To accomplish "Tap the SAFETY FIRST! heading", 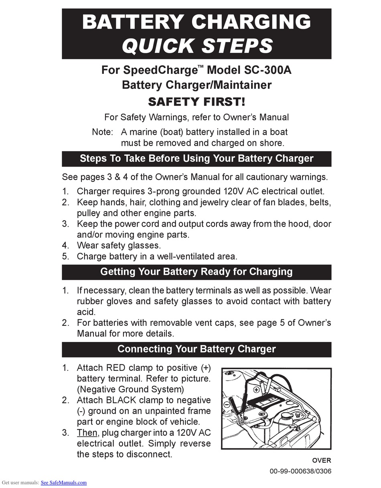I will (x=196, y=102).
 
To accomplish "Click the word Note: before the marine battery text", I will (x=103, y=132).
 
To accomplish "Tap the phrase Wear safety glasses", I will (x=119, y=245).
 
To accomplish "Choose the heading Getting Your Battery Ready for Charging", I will (x=196, y=272).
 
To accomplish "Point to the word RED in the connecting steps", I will (x=116, y=368).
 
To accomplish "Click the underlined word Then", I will (x=87, y=433).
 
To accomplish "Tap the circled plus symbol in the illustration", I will (x=255, y=389).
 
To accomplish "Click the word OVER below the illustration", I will (x=322, y=460).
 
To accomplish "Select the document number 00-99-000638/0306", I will (x=300, y=471).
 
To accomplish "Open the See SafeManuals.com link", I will (x=64, y=483).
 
